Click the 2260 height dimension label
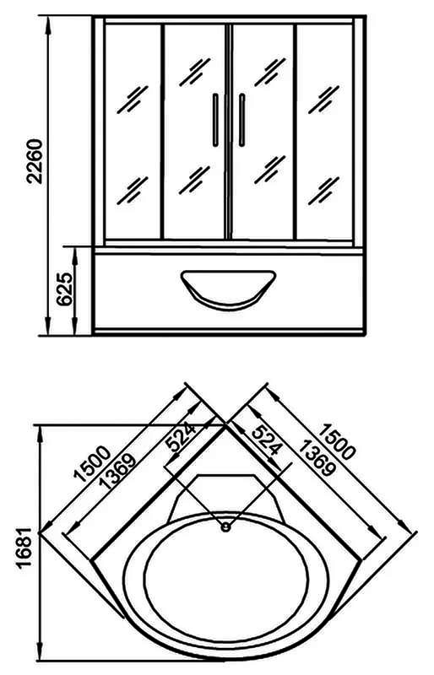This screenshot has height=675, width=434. pos(35,161)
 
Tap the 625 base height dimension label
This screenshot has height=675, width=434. pos(65,289)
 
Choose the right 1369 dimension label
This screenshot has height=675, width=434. pos(317,457)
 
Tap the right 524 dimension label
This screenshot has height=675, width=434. pos(267,440)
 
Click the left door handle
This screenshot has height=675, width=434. pos(215,120)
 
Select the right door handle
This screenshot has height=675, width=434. pos(241,120)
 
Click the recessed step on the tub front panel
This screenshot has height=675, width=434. pos(228,289)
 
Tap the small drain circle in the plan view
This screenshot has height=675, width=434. pos(225,526)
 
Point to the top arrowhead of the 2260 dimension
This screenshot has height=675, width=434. pos(48,24)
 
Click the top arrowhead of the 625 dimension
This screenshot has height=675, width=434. pos(74,256)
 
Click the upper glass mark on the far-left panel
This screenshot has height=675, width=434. pos(133,100)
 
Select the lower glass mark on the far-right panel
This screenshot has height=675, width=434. pos(323,191)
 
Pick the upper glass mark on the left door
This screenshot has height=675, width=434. pos(195,72)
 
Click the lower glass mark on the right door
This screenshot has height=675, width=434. pos(270,170)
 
